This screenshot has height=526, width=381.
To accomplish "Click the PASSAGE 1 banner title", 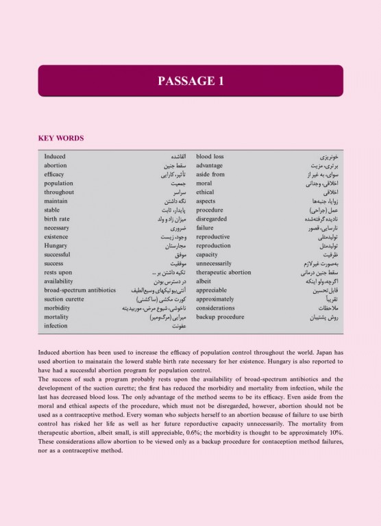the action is (190, 82).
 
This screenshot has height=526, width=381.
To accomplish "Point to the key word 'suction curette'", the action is (64, 299).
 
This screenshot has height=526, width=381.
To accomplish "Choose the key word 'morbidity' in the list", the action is (58, 308).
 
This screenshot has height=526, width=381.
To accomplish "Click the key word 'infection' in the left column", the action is (56, 326).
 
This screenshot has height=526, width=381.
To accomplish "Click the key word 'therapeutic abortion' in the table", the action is (223, 272).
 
